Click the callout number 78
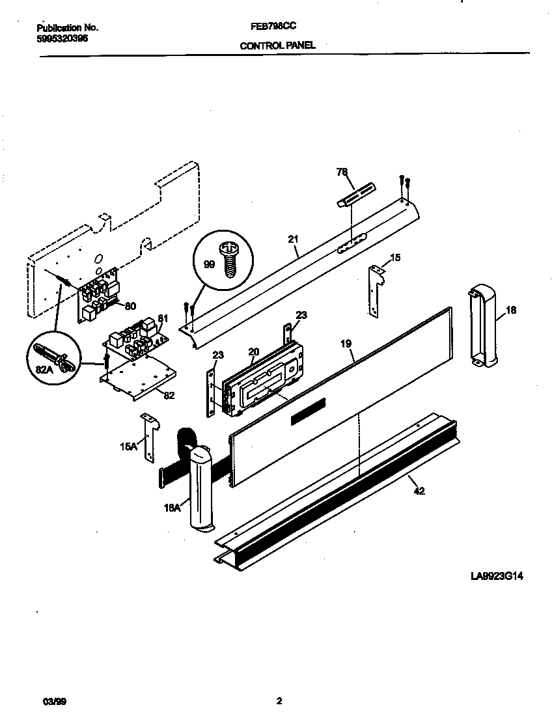tap(342, 172)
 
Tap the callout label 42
tap(419, 491)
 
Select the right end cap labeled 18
tap(482, 325)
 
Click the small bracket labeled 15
tap(374, 290)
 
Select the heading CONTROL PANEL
tap(278, 46)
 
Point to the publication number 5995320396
tap(62, 38)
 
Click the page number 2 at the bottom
tap(279, 702)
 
